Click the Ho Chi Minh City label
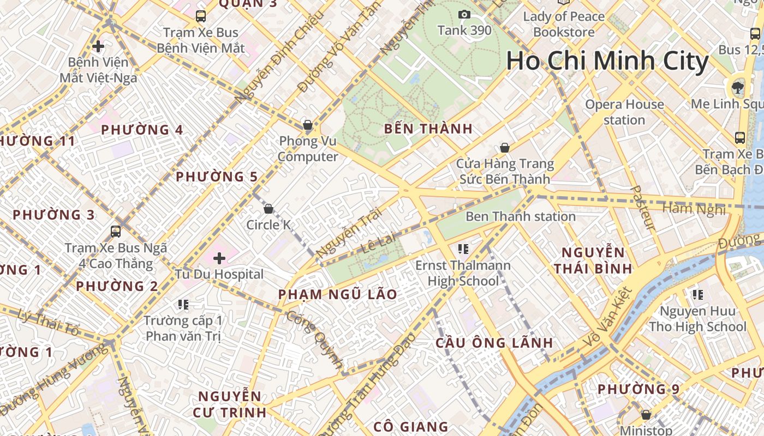point(607,61)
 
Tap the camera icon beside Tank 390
point(464,15)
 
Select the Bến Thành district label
point(428,129)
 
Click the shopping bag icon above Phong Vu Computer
point(308,125)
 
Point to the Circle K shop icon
point(268,209)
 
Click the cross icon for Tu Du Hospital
point(219,258)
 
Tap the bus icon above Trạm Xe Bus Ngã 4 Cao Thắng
point(116,231)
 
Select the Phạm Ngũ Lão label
point(338,295)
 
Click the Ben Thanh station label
point(520,216)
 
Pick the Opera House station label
point(624,112)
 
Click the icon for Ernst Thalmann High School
point(463,250)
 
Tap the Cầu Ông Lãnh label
point(494,343)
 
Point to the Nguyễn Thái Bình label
point(593,261)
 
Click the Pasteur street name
point(642,208)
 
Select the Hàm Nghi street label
point(694,208)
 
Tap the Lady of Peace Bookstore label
point(564,24)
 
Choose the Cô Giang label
point(411,427)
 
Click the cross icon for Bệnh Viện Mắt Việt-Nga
point(98,46)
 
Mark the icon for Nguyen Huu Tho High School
point(697,295)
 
